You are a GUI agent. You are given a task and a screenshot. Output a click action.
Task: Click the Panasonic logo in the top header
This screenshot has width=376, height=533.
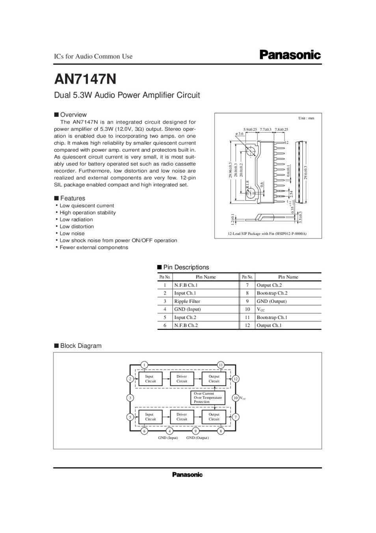point(290,55)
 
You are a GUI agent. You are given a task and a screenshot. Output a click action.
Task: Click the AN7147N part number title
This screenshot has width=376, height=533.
point(85,79)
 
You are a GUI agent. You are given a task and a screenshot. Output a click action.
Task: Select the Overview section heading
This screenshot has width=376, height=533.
point(73,115)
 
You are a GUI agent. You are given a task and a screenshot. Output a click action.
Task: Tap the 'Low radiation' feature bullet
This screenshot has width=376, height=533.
point(76,220)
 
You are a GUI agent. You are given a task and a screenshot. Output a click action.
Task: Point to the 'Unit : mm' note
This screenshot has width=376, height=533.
point(306,118)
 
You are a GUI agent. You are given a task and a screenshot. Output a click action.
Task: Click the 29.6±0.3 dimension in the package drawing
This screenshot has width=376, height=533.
point(305,173)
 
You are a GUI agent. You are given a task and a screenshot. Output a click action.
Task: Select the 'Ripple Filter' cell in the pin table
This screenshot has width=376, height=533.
point(187,301)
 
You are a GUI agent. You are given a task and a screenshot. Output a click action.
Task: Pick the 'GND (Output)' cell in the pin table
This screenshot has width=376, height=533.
point(272,301)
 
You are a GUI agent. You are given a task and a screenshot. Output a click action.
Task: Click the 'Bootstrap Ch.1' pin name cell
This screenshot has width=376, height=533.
point(272,317)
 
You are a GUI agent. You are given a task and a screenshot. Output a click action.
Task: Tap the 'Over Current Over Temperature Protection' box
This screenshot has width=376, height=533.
point(208,398)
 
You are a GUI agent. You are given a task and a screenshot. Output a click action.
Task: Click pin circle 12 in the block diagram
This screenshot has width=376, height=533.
point(236,379)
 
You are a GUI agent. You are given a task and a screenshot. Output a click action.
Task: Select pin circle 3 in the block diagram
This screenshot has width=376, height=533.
point(130,398)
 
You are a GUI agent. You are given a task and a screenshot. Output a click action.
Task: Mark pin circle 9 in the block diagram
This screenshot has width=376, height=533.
point(195,431)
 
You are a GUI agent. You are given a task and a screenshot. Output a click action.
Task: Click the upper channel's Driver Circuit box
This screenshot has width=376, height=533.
point(182,379)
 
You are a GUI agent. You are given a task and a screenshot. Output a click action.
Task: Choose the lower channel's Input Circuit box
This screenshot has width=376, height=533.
point(150,417)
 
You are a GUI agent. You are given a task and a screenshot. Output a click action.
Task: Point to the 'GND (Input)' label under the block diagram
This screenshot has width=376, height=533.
point(168,438)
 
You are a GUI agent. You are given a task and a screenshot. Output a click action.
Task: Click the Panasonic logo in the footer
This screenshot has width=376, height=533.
point(187,475)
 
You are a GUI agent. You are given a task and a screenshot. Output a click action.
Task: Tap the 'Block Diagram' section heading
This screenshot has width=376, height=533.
point(80,346)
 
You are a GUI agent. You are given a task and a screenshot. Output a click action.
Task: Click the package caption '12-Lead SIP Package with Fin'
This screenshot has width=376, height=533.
point(267,234)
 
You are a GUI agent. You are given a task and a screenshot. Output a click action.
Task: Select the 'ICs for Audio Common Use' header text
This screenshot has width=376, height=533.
point(93,56)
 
